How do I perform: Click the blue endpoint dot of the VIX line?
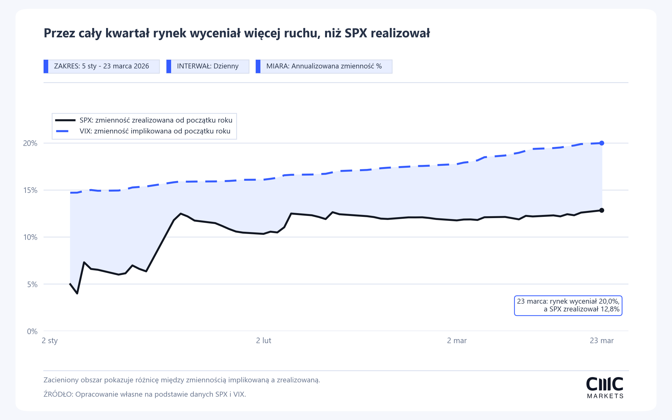pyautogui.click(x=602, y=143)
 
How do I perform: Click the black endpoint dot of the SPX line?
pyautogui.click(x=602, y=210)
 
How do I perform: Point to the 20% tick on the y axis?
pyautogui.click(x=30, y=143)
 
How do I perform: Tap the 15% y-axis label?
pyautogui.click(x=30, y=190)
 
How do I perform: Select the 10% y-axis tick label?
pyautogui.click(x=30, y=237)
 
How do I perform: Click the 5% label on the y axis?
pyautogui.click(x=32, y=284)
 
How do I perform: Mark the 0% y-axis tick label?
pyautogui.click(x=32, y=331)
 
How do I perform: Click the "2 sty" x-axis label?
pyautogui.click(x=50, y=341)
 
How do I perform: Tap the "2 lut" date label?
pyautogui.click(x=264, y=340)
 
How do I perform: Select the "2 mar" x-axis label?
pyautogui.click(x=457, y=340)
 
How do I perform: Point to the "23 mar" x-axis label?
pyautogui.click(x=602, y=340)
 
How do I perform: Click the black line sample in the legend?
pyautogui.click(x=65, y=120)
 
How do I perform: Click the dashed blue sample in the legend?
pyautogui.click(x=62, y=131)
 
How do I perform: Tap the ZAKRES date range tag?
pyautogui.click(x=101, y=66)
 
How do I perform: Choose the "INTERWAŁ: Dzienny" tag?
pyautogui.click(x=208, y=66)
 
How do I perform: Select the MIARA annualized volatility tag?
pyautogui.click(x=324, y=66)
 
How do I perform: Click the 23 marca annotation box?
pyautogui.click(x=568, y=306)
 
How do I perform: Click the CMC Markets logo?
pyautogui.click(x=605, y=388)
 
